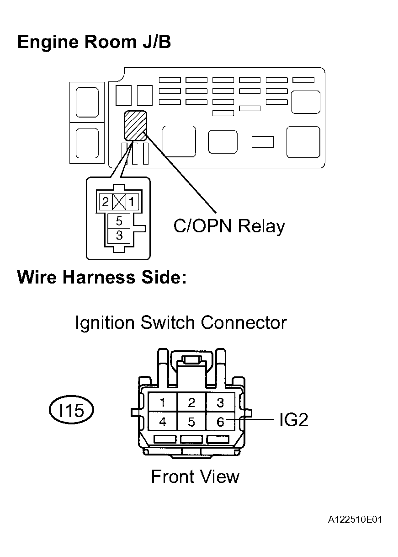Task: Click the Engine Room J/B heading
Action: coord(94,42)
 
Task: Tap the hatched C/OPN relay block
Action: coord(135,125)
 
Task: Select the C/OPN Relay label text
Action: coord(229,226)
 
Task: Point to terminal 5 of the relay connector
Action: coord(119,221)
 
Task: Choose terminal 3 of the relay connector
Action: coord(119,236)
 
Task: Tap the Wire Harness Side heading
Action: coord(101,278)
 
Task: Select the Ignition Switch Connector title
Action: coord(180,322)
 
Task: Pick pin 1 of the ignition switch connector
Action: coord(163,402)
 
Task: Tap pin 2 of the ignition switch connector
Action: coord(191,402)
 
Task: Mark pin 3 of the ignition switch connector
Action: coord(220,402)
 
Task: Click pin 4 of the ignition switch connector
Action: coord(163,422)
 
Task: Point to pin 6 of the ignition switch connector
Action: coord(220,422)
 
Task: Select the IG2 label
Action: coord(293,420)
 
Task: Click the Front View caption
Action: coord(195,477)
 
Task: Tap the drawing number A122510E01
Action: coord(355,520)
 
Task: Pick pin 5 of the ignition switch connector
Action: coord(191,422)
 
